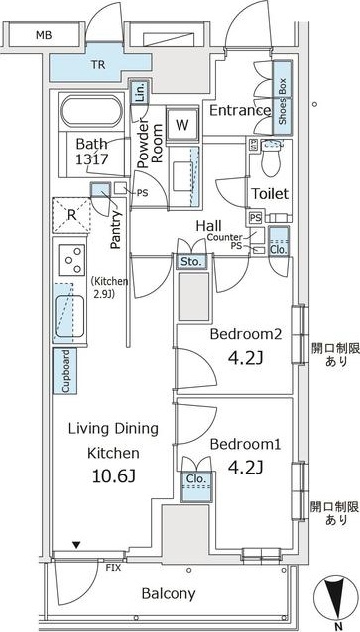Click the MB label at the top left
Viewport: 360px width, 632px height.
[44, 35]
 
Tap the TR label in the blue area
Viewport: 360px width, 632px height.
[97, 64]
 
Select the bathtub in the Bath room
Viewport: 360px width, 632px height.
[91, 111]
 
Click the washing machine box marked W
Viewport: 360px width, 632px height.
[182, 125]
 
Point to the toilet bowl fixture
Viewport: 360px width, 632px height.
[271, 158]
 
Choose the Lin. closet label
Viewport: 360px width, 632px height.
[140, 94]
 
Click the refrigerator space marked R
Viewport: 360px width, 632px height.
[72, 215]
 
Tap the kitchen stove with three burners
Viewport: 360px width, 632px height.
[72, 260]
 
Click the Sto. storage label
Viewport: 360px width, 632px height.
[190, 261]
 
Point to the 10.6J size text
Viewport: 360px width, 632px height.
[113, 476]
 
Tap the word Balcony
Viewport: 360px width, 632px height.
[169, 593]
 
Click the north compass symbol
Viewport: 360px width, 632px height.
[336, 595]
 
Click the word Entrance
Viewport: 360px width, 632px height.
[240, 110]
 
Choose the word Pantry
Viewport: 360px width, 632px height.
[116, 230]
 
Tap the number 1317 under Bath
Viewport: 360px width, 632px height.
[91, 159]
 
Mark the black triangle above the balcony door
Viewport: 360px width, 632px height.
[76, 545]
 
